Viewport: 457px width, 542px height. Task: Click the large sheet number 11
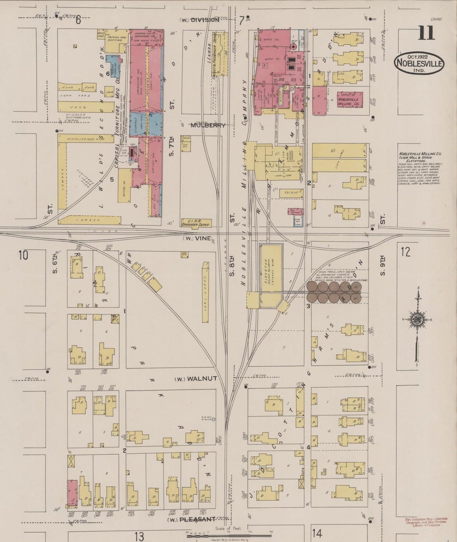426,33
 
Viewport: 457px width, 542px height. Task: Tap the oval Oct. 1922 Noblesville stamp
419,63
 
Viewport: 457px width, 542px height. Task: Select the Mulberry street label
208,125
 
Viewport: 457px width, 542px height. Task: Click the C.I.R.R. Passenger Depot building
196,222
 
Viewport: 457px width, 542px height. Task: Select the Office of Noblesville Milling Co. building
350,100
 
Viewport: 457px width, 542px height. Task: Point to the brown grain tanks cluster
334,292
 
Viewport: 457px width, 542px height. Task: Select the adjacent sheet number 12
406,252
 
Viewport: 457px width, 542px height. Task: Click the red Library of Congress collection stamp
426,522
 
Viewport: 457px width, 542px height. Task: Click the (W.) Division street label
199,20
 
